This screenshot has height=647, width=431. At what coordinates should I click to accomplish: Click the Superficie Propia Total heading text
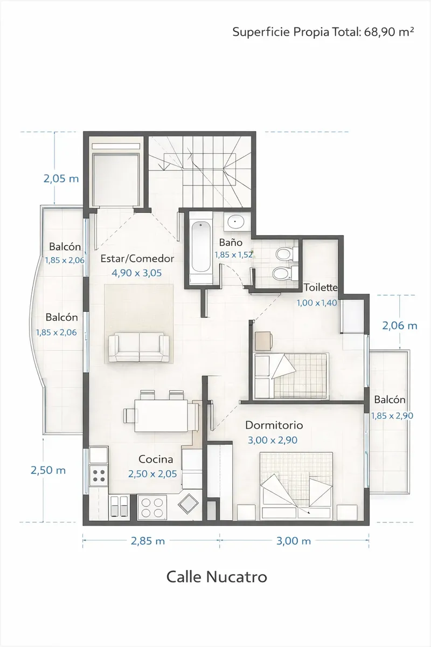323,31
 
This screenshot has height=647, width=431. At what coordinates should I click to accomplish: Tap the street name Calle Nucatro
217,577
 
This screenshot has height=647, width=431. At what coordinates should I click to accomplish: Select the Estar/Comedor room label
137,258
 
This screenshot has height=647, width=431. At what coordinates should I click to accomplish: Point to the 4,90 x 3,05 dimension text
136,273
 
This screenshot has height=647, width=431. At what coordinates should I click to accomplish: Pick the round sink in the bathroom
235,222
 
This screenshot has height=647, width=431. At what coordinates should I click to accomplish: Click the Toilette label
321,287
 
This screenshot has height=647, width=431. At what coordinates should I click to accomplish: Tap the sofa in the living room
139,347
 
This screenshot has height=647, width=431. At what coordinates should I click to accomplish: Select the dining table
161,416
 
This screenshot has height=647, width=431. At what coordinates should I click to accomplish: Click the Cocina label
156,459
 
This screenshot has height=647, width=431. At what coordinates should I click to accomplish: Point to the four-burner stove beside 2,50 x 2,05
99,476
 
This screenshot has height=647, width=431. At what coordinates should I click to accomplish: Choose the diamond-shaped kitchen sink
188,504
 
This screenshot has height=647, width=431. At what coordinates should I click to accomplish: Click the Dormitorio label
274,425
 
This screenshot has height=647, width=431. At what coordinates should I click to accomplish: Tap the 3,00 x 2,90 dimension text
273,440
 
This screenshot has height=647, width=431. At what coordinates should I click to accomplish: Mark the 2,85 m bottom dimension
148,541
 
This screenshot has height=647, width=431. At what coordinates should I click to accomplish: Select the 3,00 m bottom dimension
294,541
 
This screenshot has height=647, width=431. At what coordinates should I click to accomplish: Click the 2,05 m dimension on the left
61,179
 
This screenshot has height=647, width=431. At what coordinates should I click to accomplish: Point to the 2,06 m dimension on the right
400,326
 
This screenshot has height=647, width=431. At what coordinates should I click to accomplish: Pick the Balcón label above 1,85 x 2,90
390,400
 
